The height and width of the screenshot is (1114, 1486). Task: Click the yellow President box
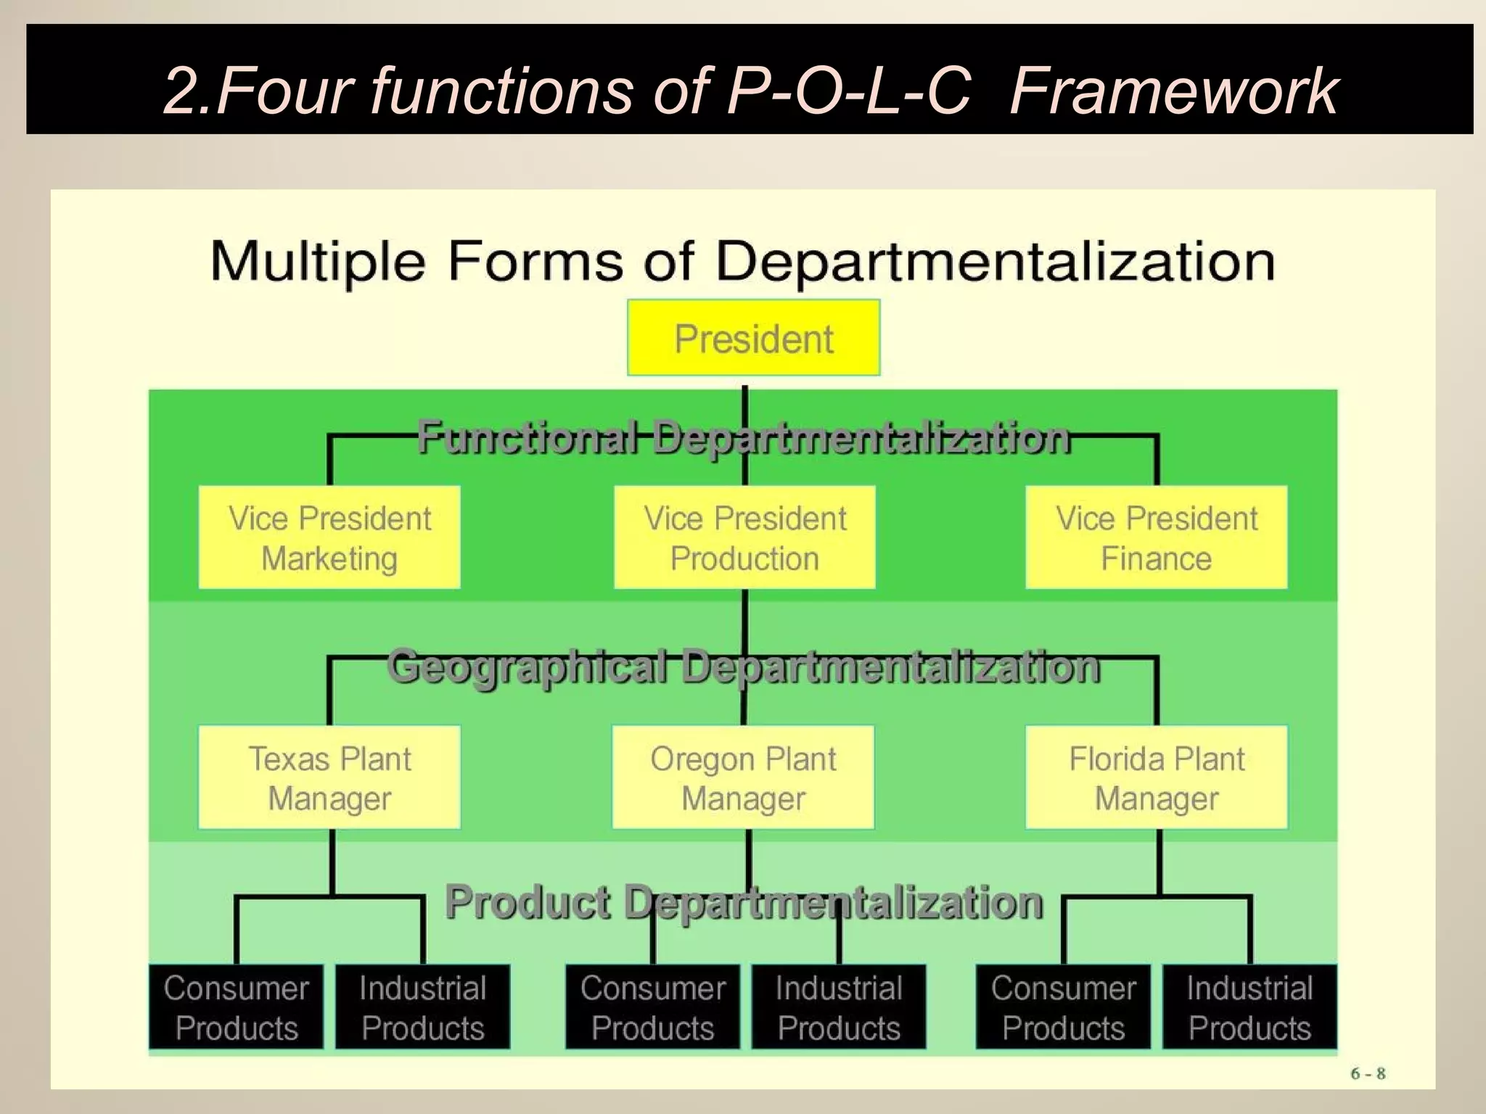753,337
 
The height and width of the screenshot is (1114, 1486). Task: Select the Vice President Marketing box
329,537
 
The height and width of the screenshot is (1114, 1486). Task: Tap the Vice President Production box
744,537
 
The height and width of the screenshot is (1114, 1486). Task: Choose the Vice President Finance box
1156,537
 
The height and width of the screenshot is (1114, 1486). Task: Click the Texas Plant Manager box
329,777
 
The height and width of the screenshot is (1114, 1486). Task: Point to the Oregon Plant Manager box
743,777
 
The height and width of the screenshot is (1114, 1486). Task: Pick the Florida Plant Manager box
1157,777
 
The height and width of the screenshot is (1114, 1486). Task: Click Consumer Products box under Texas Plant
237,1007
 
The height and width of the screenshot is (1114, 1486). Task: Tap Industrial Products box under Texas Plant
422,1007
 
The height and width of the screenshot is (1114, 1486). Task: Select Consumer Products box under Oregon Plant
652,1007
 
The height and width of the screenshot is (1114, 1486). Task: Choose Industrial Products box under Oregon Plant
839,1007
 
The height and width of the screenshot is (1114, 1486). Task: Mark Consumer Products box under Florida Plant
1063,1007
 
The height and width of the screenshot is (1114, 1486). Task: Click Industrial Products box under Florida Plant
1249,1007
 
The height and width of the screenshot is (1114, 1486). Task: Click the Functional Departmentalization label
744,437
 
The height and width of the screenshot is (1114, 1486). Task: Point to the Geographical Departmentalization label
744,666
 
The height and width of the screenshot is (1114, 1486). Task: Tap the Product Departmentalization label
744,901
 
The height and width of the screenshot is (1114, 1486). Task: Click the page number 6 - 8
1368,1073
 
